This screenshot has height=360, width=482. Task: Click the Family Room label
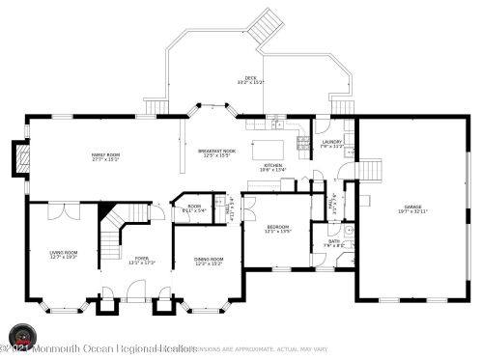pyautogui.click(x=105, y=156)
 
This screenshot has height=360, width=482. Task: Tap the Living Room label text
pyautogui.click(x=64, y=255)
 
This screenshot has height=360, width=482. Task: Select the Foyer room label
pyautogui.click(x=142, y=260)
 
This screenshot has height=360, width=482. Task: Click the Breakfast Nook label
pyautogui.click(x=216, y=153)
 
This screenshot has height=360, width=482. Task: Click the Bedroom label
pyautogui.click(x=277, y=229)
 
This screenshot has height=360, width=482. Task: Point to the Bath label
pyautogui.click(x=333, y=242)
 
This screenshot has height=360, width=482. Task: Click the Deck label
pyautogui.click(x=250, y=80)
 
